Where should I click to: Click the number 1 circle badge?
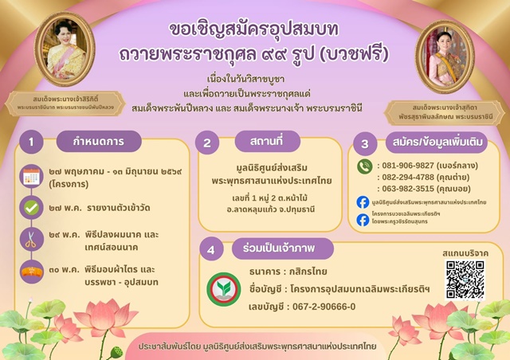[31, 143]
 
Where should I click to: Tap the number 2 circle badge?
[206, 143]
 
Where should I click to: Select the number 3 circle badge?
[365, 144]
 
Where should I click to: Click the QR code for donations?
[465, 280]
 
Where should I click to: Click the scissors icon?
[31, 240]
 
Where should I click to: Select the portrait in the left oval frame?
[64, 52]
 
